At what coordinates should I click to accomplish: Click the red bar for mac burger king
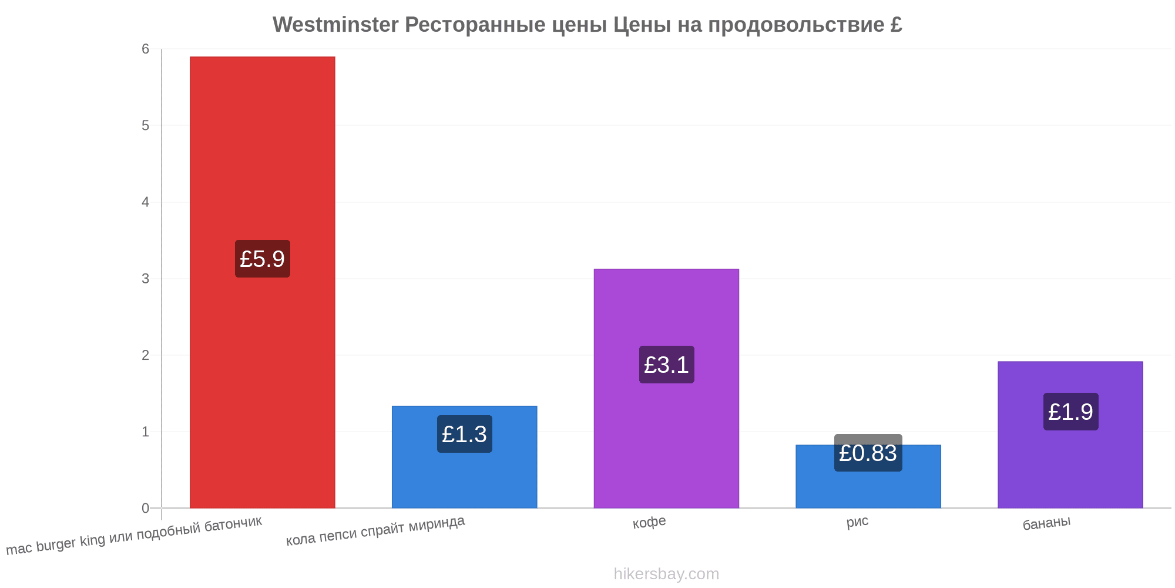coord(263,282)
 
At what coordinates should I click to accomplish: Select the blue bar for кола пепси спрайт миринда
coord(464,457)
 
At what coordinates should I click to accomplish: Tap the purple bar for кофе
coord(666,389)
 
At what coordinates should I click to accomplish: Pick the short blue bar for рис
coord(868,476)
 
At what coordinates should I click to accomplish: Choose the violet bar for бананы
coord(1070,435)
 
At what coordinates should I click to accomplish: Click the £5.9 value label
coord(263,259)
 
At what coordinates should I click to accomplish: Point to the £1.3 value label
coord(464,434)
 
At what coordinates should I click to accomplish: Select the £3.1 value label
coord(666,365)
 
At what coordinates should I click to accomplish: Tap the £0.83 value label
coord(868,453)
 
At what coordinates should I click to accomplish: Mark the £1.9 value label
coord(1070,412)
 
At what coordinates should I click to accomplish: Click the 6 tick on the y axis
coord(146,49)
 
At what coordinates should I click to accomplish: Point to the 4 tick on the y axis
coord(146,202)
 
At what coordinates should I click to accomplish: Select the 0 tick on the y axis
coord(146,508)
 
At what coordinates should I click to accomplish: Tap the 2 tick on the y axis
coord(146,355)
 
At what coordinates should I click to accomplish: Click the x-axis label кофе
coord(649,522)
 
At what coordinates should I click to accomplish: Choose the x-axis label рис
coord(857,522)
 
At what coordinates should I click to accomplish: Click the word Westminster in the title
coord(335,25)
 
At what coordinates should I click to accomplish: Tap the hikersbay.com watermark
coord(666,573)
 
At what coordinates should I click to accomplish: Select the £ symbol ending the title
coord(896,25)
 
